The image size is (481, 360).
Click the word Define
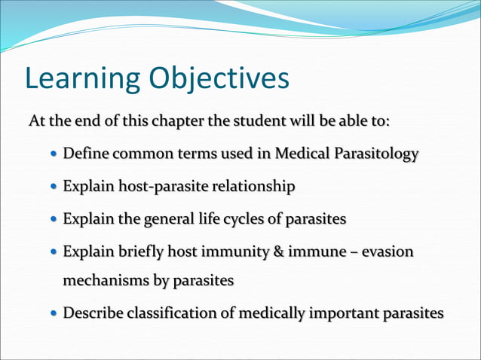pos(86,154)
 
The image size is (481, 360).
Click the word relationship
pos(253,186)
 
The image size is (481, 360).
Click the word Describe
pos(93,313)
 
